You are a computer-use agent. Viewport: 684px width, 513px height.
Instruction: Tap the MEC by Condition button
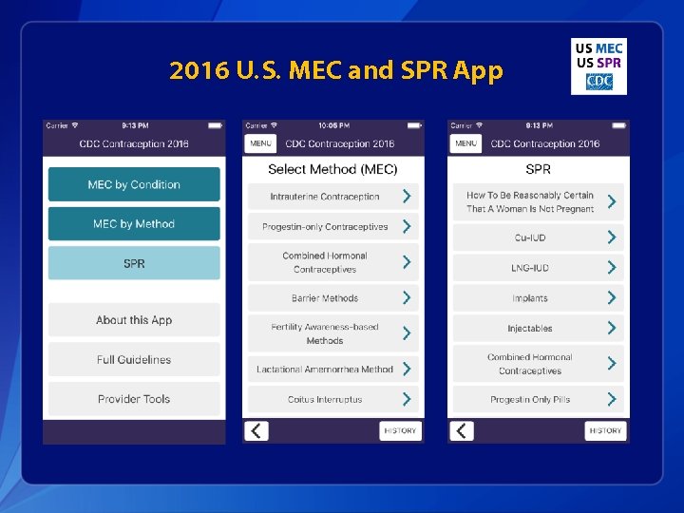(134, 184)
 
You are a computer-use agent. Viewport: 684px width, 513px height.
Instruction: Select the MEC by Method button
(134, 224)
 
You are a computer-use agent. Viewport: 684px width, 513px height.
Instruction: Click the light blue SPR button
(134, 263)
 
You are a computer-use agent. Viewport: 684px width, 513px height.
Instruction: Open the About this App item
(134, 320)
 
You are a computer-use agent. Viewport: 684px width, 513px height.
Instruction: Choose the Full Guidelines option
(134, 360)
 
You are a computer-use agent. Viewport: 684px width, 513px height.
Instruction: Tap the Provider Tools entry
(134, 399)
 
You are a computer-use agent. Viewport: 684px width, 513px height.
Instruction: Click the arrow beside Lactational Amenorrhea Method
(407, 369)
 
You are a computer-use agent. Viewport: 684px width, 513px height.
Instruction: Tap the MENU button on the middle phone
(261, 143)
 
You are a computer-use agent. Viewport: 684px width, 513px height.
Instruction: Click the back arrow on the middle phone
(256, 431)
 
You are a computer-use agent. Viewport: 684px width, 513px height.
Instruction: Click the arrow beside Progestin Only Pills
(612, 400)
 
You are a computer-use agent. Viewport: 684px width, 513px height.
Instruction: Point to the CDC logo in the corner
(598, 82)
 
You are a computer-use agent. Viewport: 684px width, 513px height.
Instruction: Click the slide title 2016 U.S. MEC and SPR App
(336, 71)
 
